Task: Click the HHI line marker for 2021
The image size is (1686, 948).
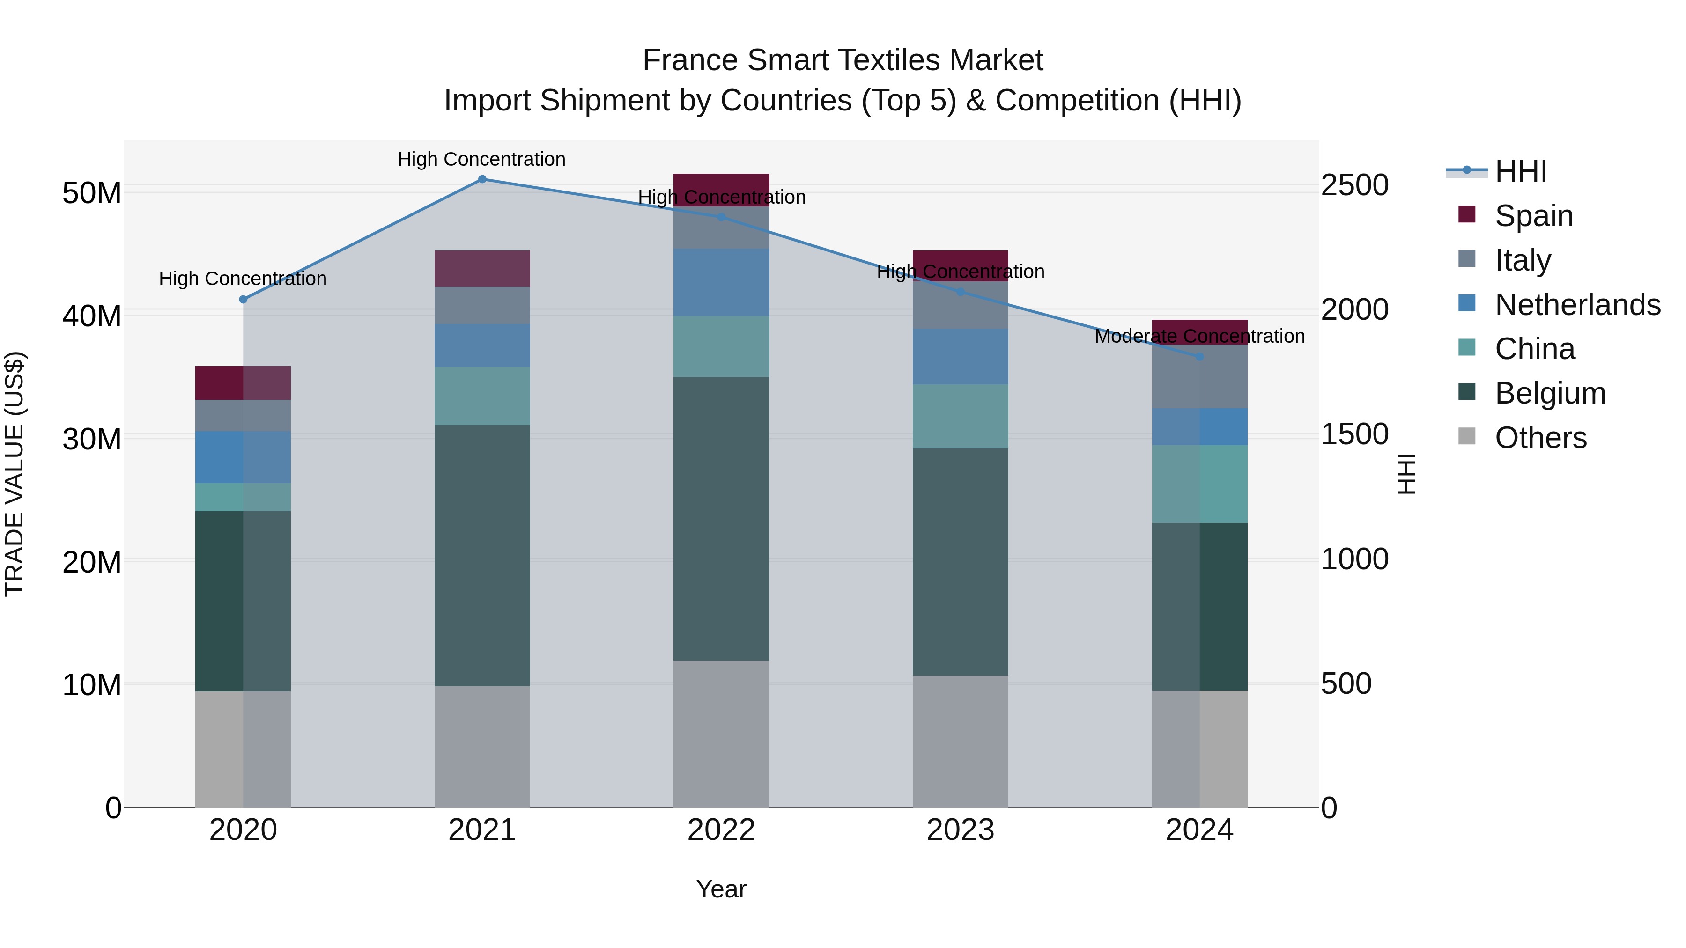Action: pyautogui.click(x=482, y=179)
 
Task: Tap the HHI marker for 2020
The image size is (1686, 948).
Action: pyautogui.click(x=243, y=300)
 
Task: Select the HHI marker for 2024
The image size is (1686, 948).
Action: pyautogui.click(x=1200, y=357)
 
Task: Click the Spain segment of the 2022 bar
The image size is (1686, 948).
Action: pyautogui.click(x=721, y=184)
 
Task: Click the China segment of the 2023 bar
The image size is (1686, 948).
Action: pyautogui.click(x=960, y=416)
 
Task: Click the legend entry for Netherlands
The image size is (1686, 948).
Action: pyautogui.click(x=1577, y=305)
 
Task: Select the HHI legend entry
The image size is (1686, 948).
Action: pyautogui.click(x=1520, y=171)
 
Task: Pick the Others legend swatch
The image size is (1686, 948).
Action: pyautogui.click(x=1467, y=436)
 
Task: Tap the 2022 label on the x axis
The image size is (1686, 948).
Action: pyautogui.click(x=721, y=830)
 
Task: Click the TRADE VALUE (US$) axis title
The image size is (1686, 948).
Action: pyautogui.click(x=15, y=474)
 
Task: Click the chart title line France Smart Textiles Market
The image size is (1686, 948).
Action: pyautogui.click(x=843, y=60)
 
